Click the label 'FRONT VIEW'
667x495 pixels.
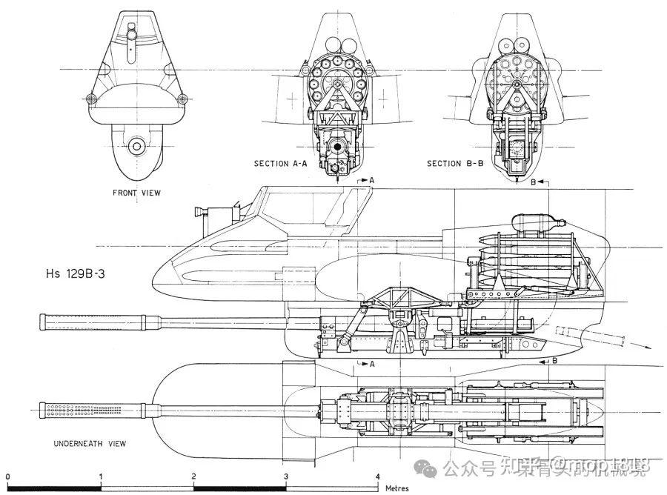tap(136, 193)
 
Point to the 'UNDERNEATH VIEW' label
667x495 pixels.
tap(89, 443)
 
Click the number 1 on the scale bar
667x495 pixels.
tap(100, 476)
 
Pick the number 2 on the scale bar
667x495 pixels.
tap(193, 476)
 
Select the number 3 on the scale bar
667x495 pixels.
tap(285, 476)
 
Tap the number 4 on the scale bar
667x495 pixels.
tap(377, 476)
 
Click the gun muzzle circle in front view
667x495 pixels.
tap(136, 147)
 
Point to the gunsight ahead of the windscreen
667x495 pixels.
tap(202, 211)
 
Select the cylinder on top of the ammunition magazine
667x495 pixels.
tap(535, 221)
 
